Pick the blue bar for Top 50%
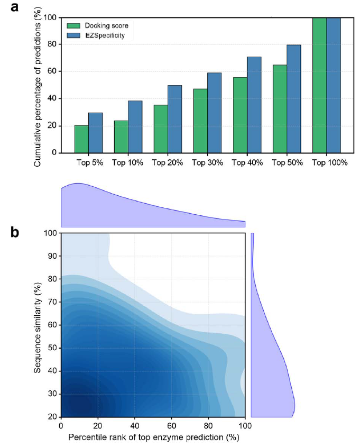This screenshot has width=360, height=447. (x=293, y=99)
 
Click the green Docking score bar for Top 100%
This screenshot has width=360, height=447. (x=319, y=85)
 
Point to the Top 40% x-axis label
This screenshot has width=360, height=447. (x=247, y=163)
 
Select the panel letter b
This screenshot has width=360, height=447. (x=16, y=232)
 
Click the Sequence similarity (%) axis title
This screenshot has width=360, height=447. (x=38, y=325)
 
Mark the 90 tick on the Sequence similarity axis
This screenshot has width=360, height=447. (x=52, y=256)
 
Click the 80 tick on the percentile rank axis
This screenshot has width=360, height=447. (x=208, y=425)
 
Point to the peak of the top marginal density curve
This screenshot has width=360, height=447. (x=78, y=184)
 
